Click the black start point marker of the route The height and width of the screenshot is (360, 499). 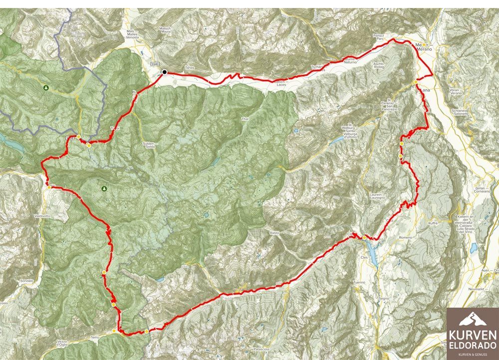164,72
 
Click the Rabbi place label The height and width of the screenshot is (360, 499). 273,233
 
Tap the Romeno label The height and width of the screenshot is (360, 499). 405,238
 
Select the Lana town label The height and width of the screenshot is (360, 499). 425,90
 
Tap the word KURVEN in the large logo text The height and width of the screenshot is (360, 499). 472,335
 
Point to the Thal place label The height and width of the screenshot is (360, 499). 245,119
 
